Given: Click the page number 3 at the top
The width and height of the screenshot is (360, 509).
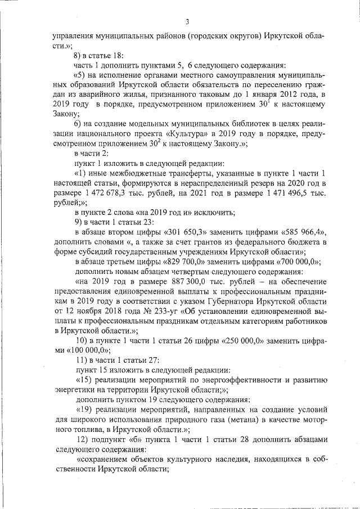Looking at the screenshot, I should [187, 22].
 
